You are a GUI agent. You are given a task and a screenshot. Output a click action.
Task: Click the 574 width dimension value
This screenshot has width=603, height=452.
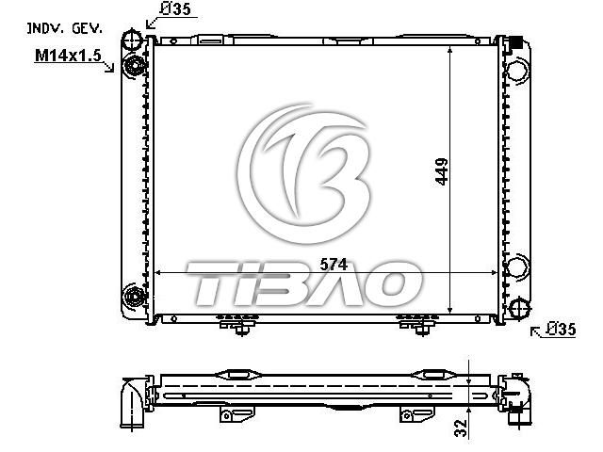tap(334, 264)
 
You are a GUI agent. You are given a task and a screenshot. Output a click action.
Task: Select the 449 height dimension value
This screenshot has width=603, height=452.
tap(442, 171)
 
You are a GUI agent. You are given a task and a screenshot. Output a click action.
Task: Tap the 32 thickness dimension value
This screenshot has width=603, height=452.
tap(461, 428)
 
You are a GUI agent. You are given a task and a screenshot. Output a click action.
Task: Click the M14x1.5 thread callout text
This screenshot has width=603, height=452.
tap(68, 56)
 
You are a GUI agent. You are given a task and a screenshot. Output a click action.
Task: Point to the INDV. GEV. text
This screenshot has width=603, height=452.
tap(65, 28)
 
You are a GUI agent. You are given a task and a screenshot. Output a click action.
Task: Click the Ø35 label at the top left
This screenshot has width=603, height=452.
tap(175, 8)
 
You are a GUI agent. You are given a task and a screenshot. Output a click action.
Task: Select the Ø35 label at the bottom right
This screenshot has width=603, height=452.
tap(562, 329)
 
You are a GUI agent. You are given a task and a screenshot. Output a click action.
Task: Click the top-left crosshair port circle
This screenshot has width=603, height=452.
tap(132, 40)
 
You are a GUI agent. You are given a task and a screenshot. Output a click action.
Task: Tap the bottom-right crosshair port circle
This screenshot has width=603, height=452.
tap(519, 308)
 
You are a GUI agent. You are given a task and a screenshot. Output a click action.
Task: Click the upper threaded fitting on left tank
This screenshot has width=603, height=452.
tap(134, 66)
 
